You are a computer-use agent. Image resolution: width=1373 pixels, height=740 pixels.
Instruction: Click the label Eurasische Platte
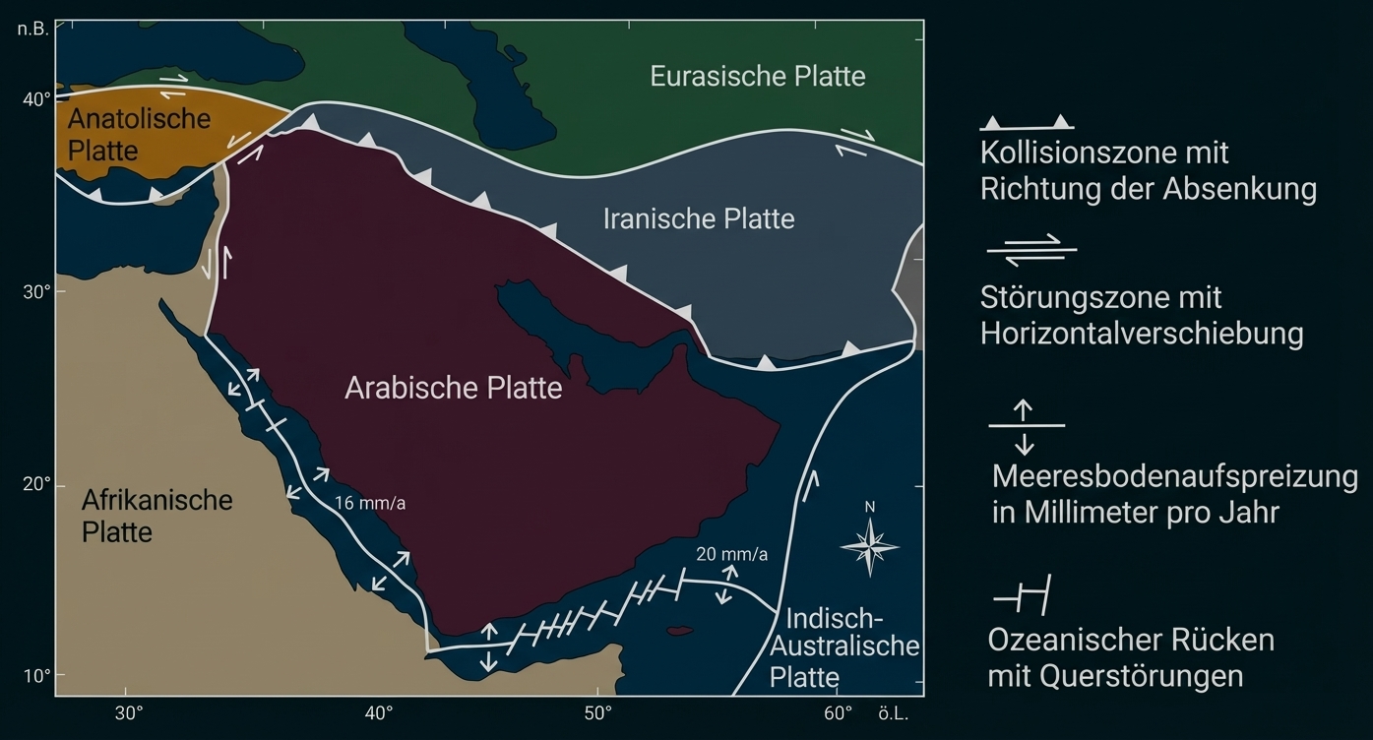tap(757, 76)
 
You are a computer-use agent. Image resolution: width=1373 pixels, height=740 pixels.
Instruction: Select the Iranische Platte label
tap(698, 218)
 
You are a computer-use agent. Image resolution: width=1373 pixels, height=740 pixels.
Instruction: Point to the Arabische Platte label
tap(453, 388)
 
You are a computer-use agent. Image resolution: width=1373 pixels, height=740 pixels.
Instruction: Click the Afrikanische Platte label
tap(156, 516)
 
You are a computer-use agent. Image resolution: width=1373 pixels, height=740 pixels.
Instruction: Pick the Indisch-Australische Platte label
tap(843, 647)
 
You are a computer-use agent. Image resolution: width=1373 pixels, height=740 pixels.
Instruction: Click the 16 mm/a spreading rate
tap(370, 503)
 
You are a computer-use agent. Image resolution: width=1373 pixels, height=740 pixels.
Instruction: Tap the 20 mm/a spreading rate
tap(731, 554)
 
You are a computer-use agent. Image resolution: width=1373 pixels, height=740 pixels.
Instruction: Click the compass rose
tap(869, 544)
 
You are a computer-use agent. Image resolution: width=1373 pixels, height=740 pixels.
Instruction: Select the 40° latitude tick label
tap(37, 99)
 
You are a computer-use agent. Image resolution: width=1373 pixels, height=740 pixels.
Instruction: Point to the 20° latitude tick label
tap(37, 485)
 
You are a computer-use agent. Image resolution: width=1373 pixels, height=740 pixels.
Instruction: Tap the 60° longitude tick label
tap(838, 712)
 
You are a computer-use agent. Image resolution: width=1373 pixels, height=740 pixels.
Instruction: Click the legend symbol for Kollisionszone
tap(1027, 123)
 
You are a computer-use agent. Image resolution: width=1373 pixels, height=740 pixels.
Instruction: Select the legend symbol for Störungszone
tap(1031, 250)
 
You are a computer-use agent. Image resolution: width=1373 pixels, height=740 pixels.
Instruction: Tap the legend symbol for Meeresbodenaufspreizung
tap(1025, 426)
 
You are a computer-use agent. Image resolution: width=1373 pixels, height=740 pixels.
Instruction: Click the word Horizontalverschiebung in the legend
tap(1141, 334)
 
